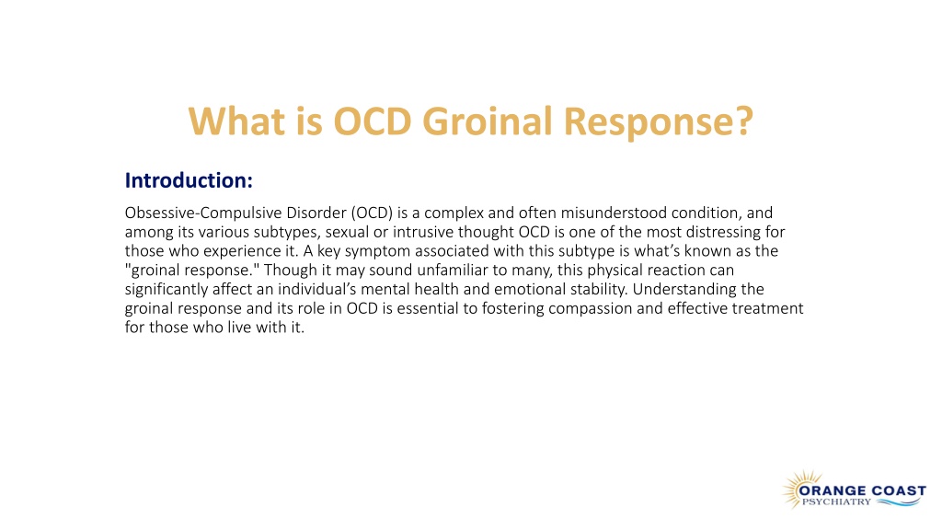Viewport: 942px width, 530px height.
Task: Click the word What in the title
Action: [236, 121]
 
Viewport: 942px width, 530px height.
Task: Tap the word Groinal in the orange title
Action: [488, 121]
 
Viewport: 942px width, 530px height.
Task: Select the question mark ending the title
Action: [743, 121]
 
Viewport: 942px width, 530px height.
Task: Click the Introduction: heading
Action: [189, 180]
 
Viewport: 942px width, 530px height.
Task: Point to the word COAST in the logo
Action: [899, 490]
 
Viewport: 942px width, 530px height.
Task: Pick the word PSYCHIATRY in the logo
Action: [836, 501]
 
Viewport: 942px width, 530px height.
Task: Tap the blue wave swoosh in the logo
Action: [898, 502]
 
